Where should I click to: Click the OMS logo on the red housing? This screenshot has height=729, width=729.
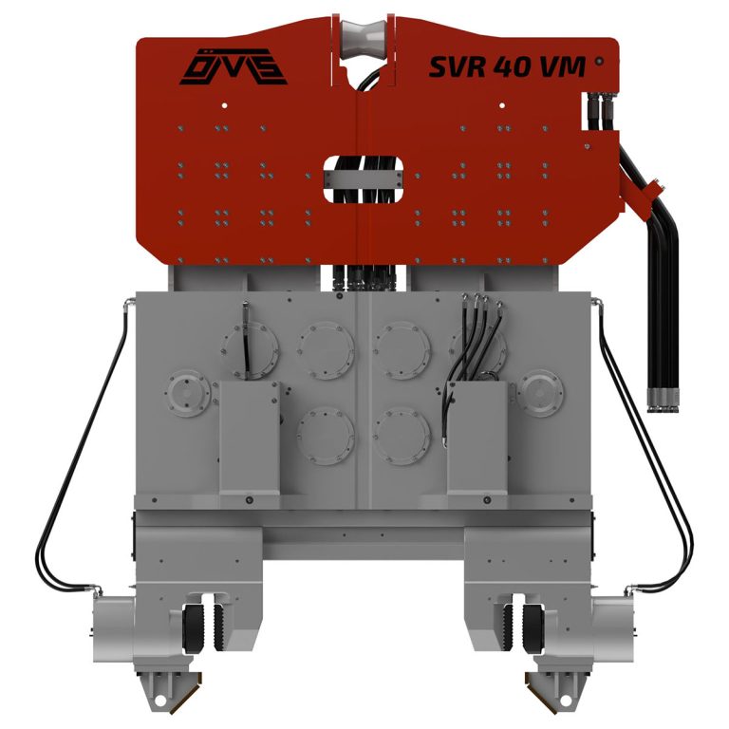tap(234, 67)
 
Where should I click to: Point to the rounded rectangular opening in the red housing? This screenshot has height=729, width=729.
tap(364, 179)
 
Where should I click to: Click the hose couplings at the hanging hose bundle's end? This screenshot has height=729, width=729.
tap(663, 401)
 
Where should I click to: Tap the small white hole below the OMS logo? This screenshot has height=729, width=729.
tap(225, 105)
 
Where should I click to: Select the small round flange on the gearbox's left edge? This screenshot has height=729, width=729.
tap(187, 393)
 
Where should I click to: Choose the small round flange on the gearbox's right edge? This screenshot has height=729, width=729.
tap(540, 393)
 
